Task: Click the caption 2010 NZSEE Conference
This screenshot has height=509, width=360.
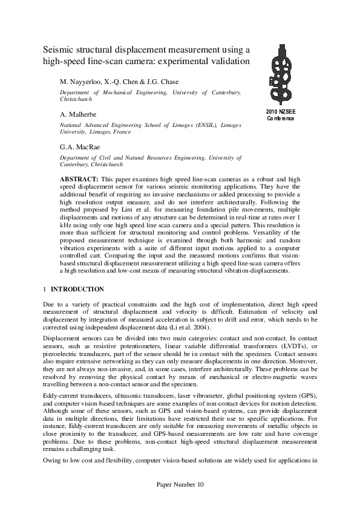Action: [x=280, y=115]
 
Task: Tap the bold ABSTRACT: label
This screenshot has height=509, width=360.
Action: [x=79, y=180]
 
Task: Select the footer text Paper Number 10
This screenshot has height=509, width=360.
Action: [x=180, y=484]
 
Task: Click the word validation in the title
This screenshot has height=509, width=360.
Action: [x=229, y=61]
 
